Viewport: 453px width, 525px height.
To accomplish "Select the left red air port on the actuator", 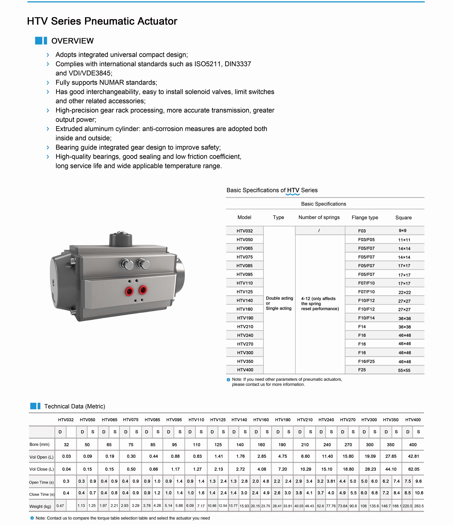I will pos(129,291).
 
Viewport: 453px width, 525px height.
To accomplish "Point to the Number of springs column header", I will pos(319,217).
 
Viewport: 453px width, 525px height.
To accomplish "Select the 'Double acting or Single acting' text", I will pos(279,303).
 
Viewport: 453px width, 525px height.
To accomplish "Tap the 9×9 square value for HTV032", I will pos(402,231).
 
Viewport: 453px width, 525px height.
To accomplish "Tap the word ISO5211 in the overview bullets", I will pos(208,64).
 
